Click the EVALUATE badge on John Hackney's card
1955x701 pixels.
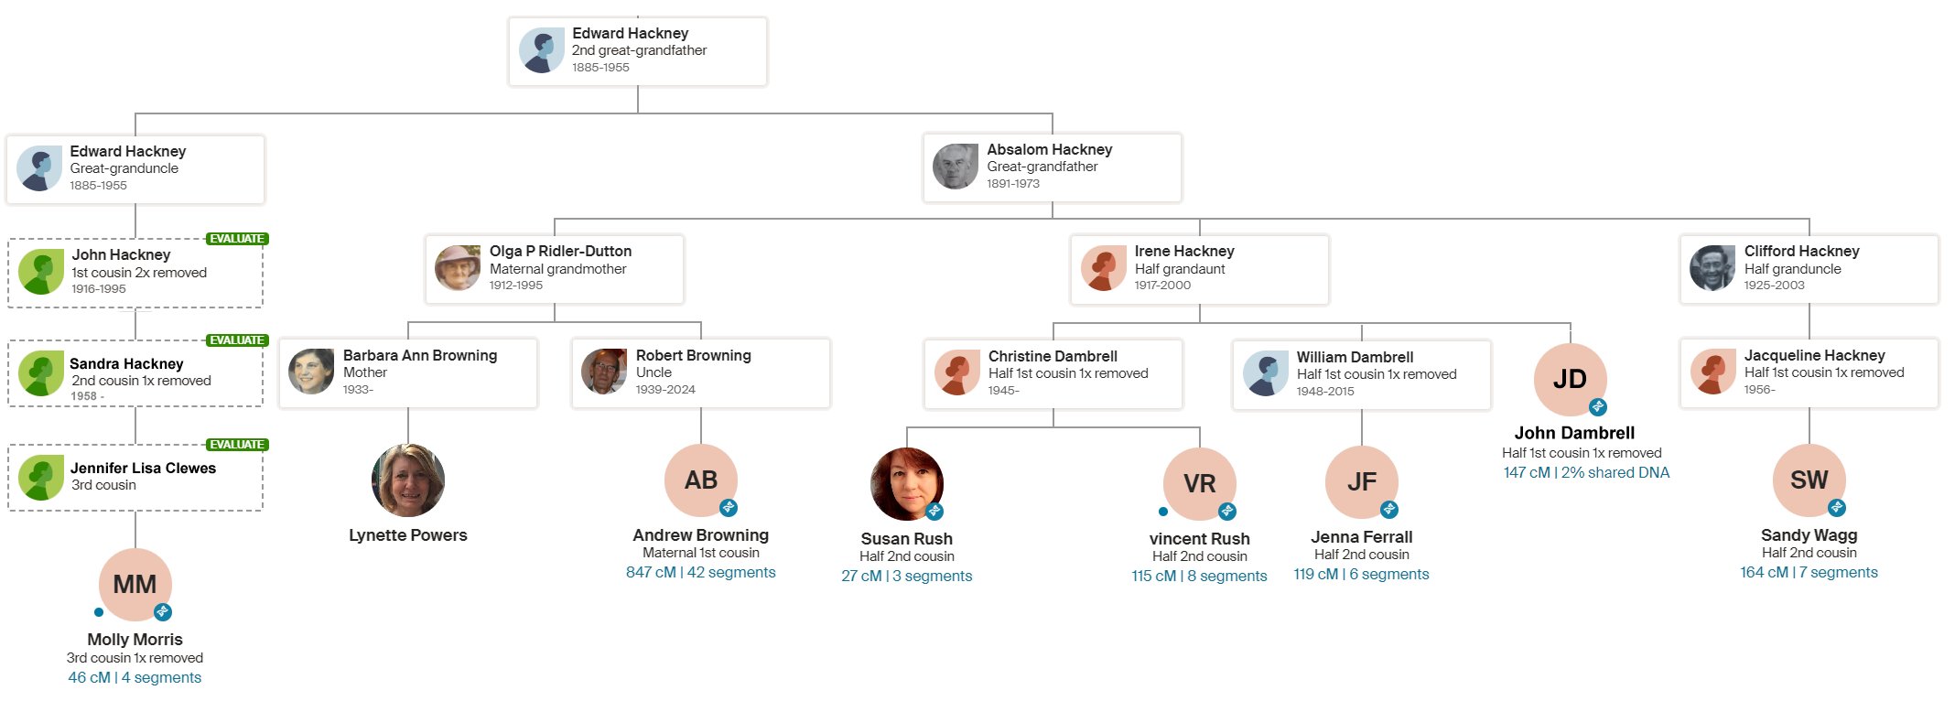click(x=237, y=239)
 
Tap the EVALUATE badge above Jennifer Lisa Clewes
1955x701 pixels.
click(x=237, y=445)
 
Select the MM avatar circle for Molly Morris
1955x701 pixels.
click(x=135, y=585)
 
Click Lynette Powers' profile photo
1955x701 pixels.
click(x=408, y=480)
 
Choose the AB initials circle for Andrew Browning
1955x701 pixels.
click(x=701, y=480)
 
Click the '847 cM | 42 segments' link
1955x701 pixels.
click(x=700, y=572)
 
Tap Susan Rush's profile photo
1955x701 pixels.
click(x=906, y=484)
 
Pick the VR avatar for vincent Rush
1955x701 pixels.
click(x=1199, y=484)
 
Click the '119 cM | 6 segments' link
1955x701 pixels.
click(x=1361, y=574)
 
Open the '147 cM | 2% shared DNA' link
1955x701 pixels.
click(x=1586, y=472)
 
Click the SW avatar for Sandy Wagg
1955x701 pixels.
click(x=1809, y=480)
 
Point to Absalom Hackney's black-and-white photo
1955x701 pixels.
click(x=956, y=167)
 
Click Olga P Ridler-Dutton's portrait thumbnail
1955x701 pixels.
click(x=458, y=268)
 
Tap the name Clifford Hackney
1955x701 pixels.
click(x=1801, y=251)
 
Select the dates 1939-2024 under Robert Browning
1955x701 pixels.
click(x=665, y=389)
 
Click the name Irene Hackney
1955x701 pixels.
click(x=1184, y=251)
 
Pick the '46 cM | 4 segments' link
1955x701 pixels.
click(x=135, y=677)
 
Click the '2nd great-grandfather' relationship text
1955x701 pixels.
click(x=639, y=50)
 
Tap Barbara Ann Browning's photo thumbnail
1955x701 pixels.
click(x=311, y=372)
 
